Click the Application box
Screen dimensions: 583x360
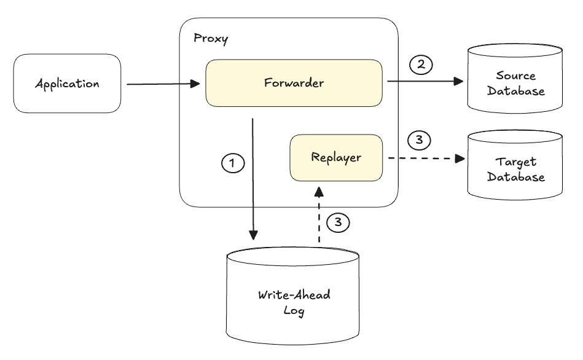coord(68,84)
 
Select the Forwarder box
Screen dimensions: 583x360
coord(294,83)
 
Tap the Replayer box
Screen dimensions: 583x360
coord(336,158)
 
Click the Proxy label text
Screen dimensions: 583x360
coord(211,38)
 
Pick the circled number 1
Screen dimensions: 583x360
coord(233,163)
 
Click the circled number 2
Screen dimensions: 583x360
coord(421,65)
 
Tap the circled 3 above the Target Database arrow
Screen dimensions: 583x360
coord(419,140)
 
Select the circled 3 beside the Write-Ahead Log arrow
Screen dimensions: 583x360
coord(338,222)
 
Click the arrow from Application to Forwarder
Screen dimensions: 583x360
coord(163,84)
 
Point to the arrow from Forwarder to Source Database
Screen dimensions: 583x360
coord(425,80)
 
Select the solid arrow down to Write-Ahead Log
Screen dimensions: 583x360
coord(253,179)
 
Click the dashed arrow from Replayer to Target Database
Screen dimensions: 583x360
coord(427,158)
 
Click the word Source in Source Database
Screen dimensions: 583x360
coord(515,76)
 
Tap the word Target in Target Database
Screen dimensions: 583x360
coord(515,162)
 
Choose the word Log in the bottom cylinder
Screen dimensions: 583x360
coord(294,310)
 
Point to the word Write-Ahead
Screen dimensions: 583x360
coord(294,295)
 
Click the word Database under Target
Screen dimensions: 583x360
coord(516,177)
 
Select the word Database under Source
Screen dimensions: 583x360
coord(516,91)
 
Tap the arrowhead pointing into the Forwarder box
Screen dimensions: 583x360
coord(195,84)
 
